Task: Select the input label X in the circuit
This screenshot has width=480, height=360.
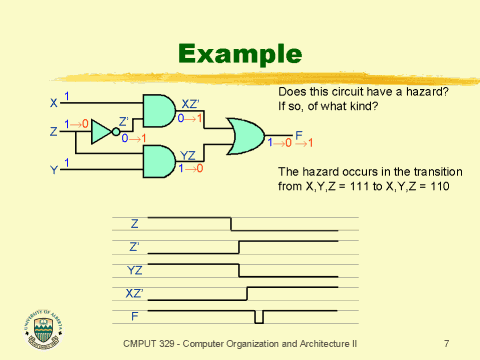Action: tap(53, 103)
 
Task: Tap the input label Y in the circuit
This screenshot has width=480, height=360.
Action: tap(53, 169)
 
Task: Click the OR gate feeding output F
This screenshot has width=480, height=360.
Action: tap(246, 137)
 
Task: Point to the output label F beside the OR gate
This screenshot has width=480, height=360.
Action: tap(298, 134)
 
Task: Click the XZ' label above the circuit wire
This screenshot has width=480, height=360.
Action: tap(191, 104)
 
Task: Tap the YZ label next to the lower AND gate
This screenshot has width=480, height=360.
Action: tap(188, 155)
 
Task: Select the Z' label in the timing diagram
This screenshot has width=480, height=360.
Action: tap(135, 246)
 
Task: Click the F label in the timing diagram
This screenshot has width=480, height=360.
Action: tap(135, 315)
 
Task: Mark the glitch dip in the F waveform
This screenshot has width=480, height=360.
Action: tap(259, 317)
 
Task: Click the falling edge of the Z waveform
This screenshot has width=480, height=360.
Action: tap(232, 223)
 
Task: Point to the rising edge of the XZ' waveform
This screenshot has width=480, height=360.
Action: tap(247, 293)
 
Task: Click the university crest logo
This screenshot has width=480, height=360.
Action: tap(39, 327)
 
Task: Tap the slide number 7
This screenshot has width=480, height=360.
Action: tap(446, 343)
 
